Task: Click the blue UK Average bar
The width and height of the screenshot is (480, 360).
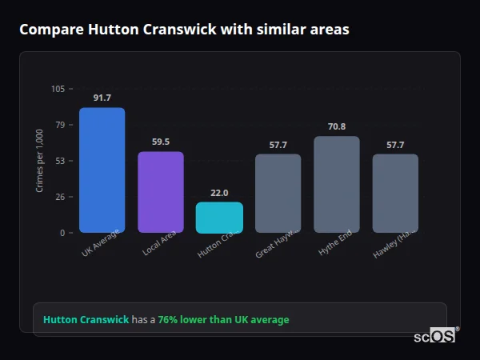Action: [102, 170]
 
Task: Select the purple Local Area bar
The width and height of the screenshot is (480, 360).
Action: [161, 192]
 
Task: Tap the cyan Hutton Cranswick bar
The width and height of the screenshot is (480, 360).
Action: [219, 218]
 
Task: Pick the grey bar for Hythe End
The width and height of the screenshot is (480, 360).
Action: [337, 185]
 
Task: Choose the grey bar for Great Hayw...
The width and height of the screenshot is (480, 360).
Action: [278, 194]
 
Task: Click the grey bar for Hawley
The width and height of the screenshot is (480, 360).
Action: [395, 194]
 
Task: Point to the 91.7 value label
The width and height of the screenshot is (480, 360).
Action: [102, 98]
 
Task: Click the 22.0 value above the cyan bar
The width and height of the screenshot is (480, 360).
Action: [219, 193]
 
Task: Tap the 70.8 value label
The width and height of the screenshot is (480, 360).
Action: [337, 126]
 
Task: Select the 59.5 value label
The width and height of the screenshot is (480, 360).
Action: [161, 142]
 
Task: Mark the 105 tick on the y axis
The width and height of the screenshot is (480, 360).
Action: [58, 89]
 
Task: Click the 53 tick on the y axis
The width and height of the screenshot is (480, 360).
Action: [60, 161]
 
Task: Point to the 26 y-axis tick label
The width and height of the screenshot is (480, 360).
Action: [60, 197]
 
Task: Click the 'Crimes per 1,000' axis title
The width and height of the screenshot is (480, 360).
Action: [40, 161]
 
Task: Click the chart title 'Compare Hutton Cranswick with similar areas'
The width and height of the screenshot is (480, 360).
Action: [184, 30]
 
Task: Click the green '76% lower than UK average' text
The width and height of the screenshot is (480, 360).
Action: [223, 320]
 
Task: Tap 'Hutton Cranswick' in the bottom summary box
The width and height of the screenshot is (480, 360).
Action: [86, 320]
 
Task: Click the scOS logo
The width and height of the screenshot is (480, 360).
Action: [434, 336]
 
